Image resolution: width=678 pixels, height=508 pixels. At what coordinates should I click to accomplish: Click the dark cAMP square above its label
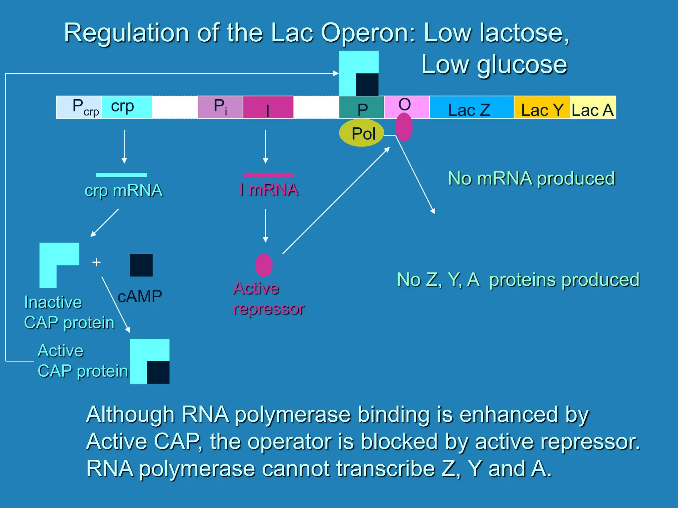tap(141, 265)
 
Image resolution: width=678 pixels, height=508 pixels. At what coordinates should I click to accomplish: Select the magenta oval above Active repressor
tap(264, 265)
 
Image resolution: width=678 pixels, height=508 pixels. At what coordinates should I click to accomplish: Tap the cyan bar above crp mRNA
tap(121, 175)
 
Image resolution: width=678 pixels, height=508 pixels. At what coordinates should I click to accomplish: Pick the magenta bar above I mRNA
tap(268, 175)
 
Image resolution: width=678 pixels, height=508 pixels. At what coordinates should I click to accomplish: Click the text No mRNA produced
tap(531, 179)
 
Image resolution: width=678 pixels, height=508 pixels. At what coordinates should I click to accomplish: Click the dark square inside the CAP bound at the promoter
tap(367, 85)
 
